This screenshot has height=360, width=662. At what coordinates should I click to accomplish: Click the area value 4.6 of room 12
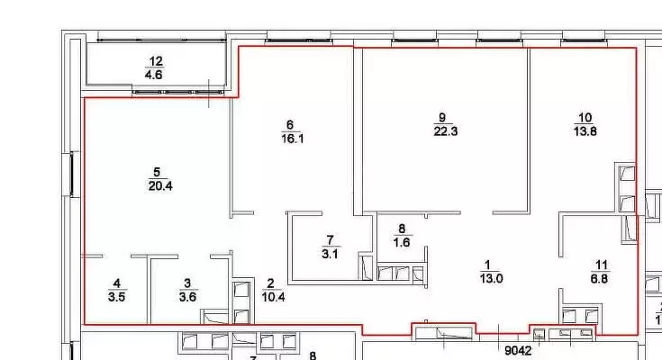(156, 76)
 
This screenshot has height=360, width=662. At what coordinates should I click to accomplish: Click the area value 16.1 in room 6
(290, 139)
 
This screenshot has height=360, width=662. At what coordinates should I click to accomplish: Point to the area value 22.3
(441, 130)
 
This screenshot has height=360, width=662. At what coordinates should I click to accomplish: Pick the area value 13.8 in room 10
(585, 130)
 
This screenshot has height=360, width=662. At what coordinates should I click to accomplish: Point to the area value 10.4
(270, 296)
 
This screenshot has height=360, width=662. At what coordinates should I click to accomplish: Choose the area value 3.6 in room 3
(186, 296)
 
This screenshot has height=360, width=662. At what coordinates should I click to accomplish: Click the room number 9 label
(441, 117)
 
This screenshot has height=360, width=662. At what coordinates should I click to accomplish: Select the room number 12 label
(156, 62)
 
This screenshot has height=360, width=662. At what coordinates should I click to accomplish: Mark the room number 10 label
(585, 117)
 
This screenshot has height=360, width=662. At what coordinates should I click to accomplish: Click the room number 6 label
(290, 125)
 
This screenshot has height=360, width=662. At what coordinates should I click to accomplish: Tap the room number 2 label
(270, 283)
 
